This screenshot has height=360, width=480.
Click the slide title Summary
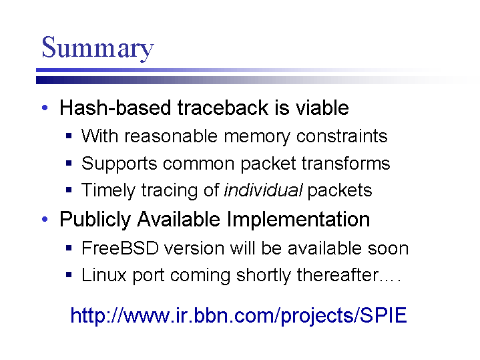[97, 47]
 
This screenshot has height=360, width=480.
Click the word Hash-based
[115, 108]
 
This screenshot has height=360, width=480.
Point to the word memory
[257, 137]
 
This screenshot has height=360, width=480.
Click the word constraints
[342, 136]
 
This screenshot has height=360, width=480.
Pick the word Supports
[119, 164]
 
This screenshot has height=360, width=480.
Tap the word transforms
[346, 163]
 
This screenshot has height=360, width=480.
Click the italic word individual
[264, 190]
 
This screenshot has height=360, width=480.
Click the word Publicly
[95, 220]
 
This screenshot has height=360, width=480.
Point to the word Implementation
[298, 220]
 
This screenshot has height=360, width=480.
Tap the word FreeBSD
[120, 248]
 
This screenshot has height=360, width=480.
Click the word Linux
[103, 275]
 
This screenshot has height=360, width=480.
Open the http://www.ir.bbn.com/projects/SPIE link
[239, 315]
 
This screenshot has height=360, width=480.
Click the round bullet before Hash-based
[45, 108]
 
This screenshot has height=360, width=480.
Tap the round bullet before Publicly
[45, 219]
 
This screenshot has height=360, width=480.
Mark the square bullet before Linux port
[69, 275]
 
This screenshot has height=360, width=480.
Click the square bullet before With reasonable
[69, 136]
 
